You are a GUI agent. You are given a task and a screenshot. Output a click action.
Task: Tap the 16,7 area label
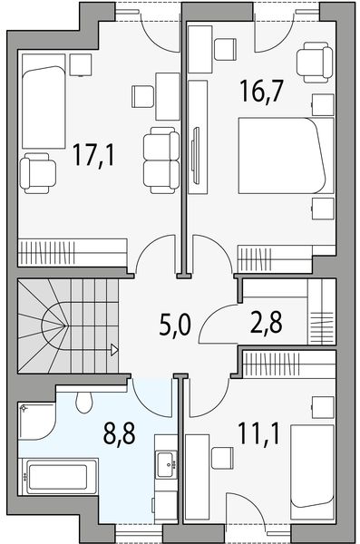click(258, 90)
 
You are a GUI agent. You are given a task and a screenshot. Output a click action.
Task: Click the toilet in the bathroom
click(84, 399)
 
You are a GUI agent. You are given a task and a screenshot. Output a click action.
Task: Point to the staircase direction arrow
click(114, 348)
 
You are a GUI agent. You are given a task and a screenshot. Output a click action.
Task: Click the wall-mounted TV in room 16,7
click(197, 160)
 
